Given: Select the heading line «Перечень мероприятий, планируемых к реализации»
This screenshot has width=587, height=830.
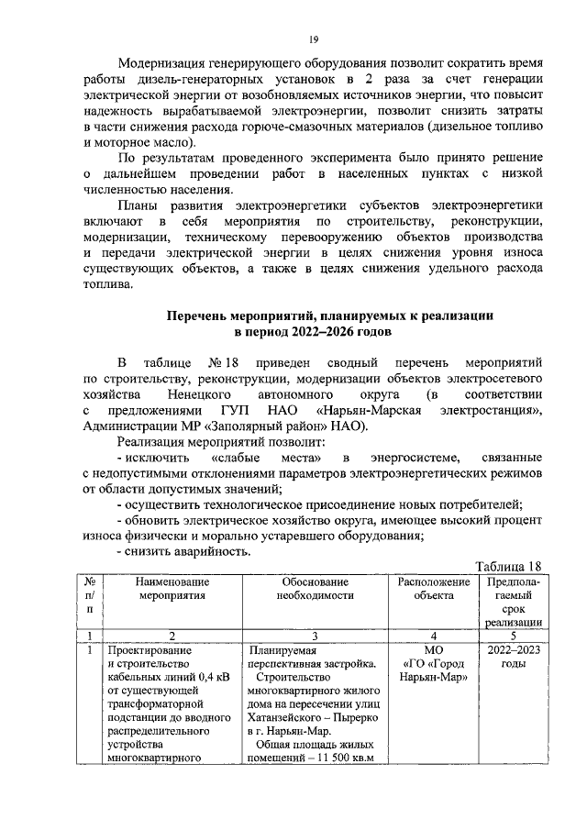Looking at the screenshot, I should click(329, 315).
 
